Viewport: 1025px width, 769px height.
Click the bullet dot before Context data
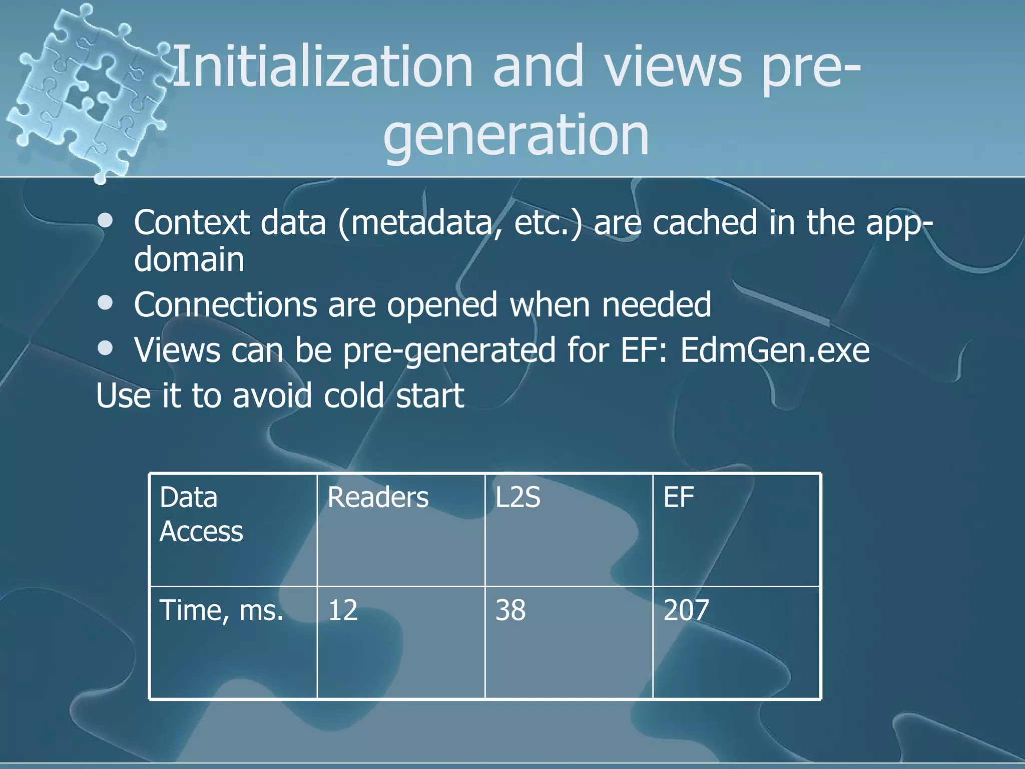(x=106, y=222)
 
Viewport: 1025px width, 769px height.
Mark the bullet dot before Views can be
(x=106, y=348)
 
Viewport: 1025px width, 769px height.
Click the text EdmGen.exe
(x=775, y=350)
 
